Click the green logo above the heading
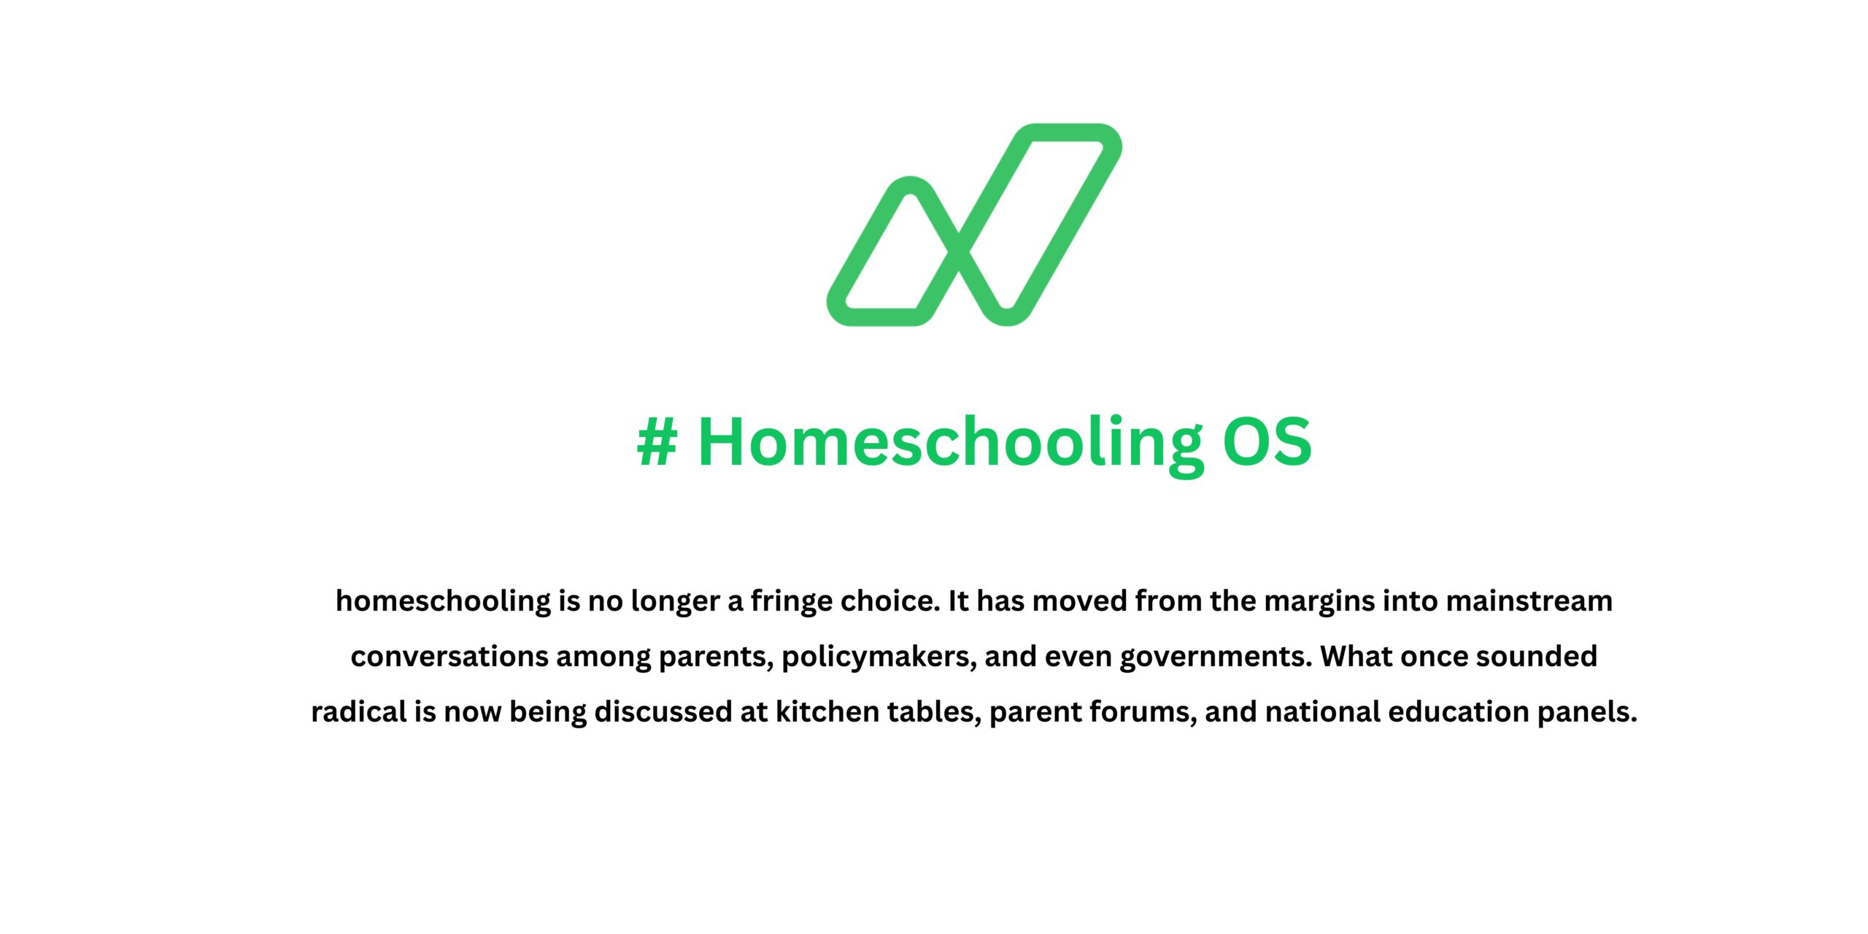point(973,225)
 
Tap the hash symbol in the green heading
point(657,442)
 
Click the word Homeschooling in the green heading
point(949,442)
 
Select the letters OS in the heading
point(1267,442)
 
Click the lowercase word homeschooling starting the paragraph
point(443,601)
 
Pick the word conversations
point(449,657)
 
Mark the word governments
point(1216,657)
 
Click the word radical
point(358,712)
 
